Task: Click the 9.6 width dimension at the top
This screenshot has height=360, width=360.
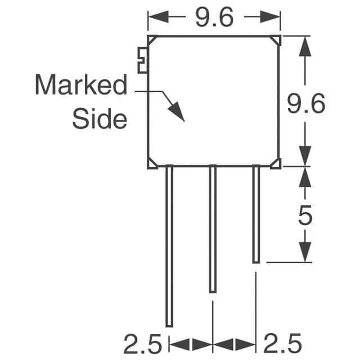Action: coord(214,17)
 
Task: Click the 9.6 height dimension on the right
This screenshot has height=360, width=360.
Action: coord(306,103)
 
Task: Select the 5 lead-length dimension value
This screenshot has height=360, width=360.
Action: coord(305,215)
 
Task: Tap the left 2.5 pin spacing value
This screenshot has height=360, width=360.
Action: coord(143,344)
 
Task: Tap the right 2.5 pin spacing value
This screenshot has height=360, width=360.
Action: coord(282,344)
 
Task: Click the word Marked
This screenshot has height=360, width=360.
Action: coord(81,84)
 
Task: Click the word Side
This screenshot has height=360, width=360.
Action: coord(100,119)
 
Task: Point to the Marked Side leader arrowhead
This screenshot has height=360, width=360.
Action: coord(177,111)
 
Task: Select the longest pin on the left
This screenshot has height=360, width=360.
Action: coord(169,246)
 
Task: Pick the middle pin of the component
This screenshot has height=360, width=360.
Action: coord(213,229)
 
